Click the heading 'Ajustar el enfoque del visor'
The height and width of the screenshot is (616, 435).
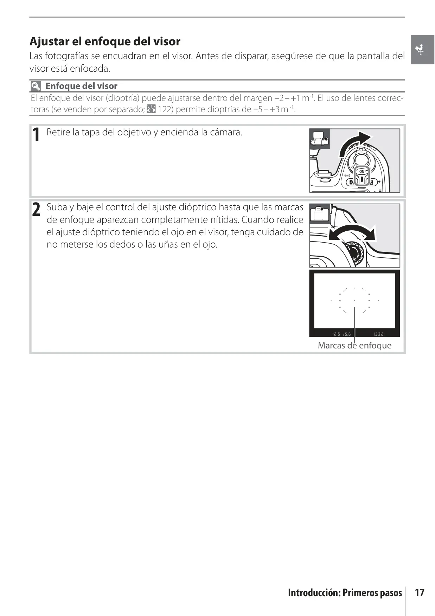pyautogui.click(x=105, y=41)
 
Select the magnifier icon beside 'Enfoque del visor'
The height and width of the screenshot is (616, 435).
pyautogui.click(x=36, y=86)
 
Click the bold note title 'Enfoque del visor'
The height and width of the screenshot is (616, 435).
pyautogui.click(x=81, y=86)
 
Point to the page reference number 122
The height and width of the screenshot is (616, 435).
pyautogui.click(x=165, y=109)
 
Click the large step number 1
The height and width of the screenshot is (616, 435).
pyautogui.click(x=36, y=135)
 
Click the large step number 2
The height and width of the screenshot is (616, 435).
pyautogui.click(x=36, y=210)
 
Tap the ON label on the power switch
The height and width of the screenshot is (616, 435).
pyautogui.click(x=362, y=172)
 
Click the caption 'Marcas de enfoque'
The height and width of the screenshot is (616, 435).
pyautogui.click(x=354, y=346)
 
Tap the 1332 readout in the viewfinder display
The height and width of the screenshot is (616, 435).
pyautogui.click(x=379, y=334)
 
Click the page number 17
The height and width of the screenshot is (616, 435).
pyautogui.click(x=420, y=593)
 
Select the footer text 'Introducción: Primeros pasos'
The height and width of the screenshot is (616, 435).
pyautogui.click(x=345, y=593)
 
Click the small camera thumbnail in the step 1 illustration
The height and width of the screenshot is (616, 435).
pyautogui.click(x=319, y=139)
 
